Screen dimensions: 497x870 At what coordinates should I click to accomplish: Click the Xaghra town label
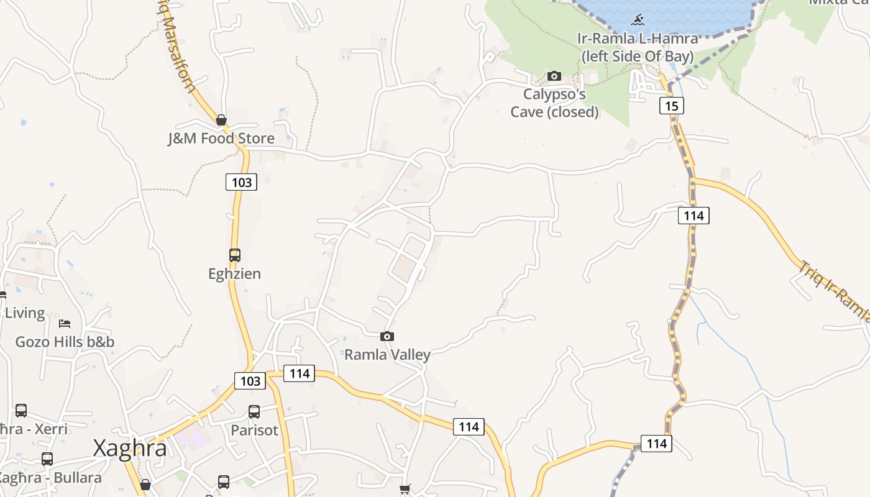130,449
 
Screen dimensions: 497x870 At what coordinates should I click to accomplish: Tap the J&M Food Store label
221,138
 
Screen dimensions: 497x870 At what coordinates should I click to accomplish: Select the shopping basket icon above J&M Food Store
221,120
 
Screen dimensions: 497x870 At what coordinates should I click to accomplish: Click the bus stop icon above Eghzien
234,255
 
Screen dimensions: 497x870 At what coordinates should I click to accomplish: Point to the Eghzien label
234,273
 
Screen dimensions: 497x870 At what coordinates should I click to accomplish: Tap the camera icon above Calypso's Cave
554,76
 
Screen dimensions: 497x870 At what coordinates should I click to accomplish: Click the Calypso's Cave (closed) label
554,103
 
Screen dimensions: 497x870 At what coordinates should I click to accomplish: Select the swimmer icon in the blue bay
637,20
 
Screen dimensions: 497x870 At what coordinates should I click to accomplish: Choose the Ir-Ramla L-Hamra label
637,47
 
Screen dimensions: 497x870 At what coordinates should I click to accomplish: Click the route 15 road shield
671,106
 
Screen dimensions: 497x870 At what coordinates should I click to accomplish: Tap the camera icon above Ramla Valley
387,336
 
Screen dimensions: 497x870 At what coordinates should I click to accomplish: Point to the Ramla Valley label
387,355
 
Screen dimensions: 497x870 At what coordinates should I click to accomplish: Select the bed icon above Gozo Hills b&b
65,323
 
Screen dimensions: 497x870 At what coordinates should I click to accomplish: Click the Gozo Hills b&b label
65,342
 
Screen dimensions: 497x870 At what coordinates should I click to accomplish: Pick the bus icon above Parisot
254,411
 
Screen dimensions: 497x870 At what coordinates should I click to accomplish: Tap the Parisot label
254,430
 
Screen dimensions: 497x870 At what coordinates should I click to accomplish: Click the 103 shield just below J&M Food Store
241,181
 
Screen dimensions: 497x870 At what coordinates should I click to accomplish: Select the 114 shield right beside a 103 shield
300,373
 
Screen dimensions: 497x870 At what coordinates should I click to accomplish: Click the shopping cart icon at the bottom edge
405,490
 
